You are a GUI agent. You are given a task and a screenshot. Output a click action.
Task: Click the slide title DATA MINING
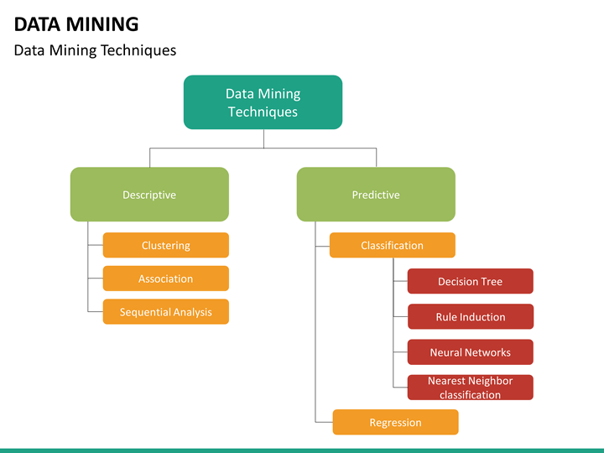(x=76, y=23)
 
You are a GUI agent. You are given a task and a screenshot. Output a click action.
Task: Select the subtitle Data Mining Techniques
(x=95, y=50)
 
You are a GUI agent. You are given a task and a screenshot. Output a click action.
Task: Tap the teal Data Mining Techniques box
(x=263, y=102)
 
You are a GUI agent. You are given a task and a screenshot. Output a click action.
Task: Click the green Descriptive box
(x=149, y=195)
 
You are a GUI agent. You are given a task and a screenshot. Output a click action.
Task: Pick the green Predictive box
(x=376, y=195)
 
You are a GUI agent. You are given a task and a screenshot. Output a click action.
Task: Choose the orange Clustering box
(x=165, y=246)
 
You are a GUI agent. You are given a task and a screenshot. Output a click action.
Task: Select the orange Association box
(x=165, y=279)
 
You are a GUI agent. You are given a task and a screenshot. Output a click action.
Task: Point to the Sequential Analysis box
(x=165, y=312)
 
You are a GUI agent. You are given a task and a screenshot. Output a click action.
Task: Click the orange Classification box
(x=392, y=246)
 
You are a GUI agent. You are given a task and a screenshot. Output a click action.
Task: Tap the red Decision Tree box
(x=470, y=282)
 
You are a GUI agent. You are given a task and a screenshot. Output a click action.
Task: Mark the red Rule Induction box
(x=470, y=317)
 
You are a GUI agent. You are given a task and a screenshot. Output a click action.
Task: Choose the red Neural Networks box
(x=470, y=352)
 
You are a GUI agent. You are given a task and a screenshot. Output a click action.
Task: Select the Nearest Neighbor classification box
(x=470, y=388)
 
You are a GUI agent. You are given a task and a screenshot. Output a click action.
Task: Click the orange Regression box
(x=395, y=423)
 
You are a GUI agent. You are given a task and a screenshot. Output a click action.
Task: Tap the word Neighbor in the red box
(x=491, y=381)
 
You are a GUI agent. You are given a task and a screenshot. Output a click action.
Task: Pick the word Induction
(x=482, y=317)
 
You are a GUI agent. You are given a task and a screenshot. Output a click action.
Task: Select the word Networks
(x=487, y=352)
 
